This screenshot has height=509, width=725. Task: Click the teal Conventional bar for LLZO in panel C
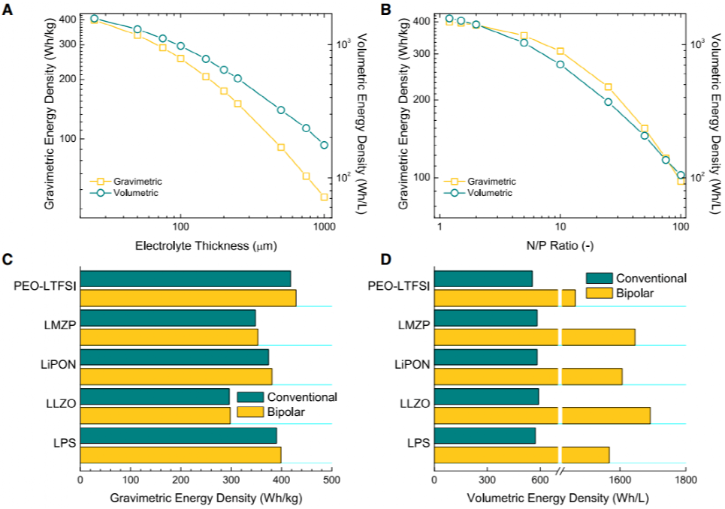154,396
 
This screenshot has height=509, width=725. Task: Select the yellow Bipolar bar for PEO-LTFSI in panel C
188,298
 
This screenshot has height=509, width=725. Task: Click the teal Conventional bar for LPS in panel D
485,435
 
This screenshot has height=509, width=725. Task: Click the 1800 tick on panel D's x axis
684,479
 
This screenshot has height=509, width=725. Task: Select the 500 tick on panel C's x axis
332,479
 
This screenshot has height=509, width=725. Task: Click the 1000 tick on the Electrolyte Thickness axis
324,227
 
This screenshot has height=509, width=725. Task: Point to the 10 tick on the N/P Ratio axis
560,227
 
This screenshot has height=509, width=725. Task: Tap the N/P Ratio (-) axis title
559,245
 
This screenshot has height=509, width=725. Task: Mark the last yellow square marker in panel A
324,197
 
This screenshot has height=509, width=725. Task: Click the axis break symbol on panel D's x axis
560,471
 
